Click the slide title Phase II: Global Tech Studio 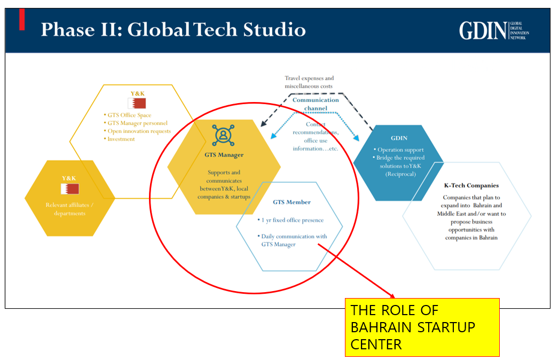(x=174, y=29)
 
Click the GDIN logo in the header (x=494, y=30)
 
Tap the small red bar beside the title (x=22, y=19)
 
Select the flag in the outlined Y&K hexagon (x=137, y=103)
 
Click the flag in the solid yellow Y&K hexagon (x=70, y=189)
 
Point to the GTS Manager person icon (x=223, y=135)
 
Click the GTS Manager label (x=224, y=155)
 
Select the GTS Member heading (x=292, y=202)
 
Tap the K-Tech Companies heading (x=471, y=185)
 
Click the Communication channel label (x=316, y=104)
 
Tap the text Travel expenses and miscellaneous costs (x=309, y=82)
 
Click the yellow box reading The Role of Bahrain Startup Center (x=422, y=327)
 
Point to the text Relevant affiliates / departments (x=69, y=209)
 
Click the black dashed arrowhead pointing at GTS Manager (x=264, y=123)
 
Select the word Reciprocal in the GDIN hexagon (x=400, y=174)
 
